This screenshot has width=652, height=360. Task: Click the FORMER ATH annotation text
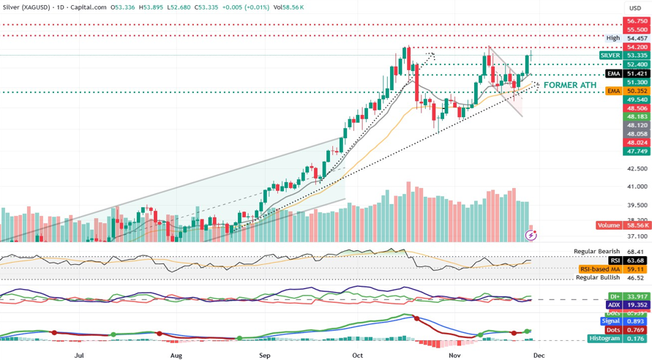(x=569, y=86)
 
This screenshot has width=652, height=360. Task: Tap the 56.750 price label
(x=637, y=22)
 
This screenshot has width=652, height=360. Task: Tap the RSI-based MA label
(x=600, y=269)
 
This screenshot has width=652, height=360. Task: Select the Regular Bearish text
(x=596, y=252)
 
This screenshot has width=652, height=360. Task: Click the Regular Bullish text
(x=598, y=278)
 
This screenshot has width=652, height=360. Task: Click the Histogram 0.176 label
(x=618, y=339)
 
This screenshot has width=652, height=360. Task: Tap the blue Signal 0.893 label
(x=623, y=321)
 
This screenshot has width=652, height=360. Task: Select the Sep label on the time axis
(x=265, y=355)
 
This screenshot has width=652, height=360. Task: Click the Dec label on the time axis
(x=539, y=355)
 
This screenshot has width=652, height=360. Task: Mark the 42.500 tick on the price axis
(x=637, y=169)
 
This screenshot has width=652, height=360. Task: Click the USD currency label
(x=634, y=8)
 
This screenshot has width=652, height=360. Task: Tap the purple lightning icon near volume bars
(x=532, y=236)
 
